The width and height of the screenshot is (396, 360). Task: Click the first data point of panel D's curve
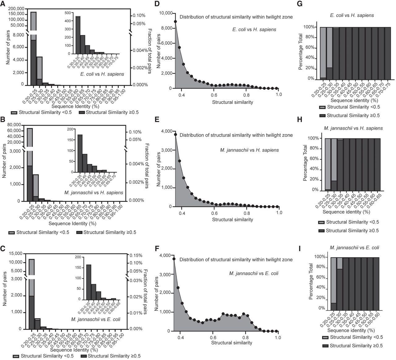tap(175, 22)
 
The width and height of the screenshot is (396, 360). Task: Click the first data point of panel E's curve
tap(175, 134)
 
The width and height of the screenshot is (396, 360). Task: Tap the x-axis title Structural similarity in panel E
tap(232, 220)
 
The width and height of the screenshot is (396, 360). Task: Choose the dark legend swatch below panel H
tap(321, 231)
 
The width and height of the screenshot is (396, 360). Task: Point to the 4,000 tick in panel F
tap(168, 255)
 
